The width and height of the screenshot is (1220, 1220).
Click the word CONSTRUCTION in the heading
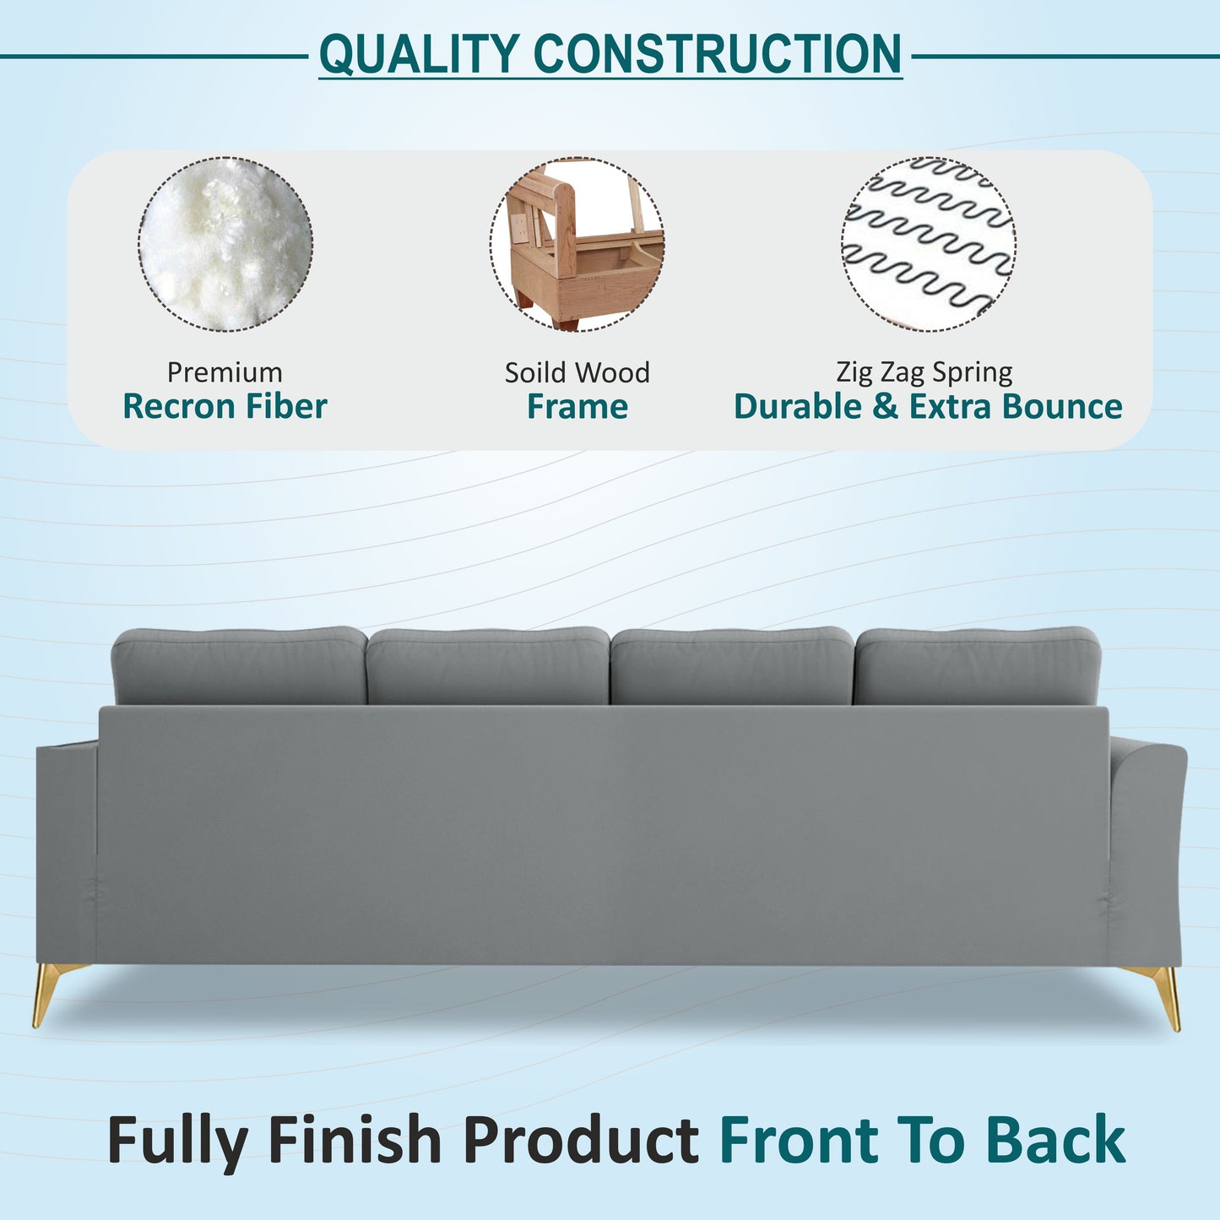[717, 54]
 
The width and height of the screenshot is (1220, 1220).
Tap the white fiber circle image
[225, 244]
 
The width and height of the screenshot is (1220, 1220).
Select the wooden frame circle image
[577, 244]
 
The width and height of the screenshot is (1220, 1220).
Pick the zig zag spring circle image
[928, 244]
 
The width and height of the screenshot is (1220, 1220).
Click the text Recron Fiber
[225, 407]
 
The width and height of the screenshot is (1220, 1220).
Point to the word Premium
[225, 372]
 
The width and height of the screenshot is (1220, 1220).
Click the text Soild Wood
[577, 372]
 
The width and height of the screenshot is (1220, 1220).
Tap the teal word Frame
[577, 407]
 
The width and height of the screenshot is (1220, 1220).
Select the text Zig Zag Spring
[924, 372]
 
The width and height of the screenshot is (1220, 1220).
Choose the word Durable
[798, 407]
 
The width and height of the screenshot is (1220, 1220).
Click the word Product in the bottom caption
[580, 1141]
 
